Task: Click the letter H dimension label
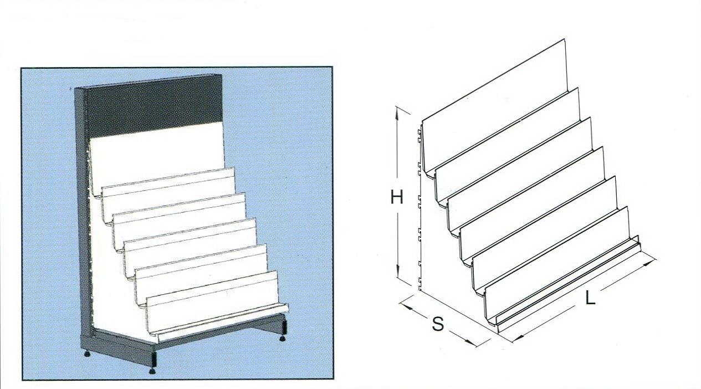[397, 197]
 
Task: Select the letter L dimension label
[590, 298]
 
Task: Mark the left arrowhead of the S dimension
[406, 306]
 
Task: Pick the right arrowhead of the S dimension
[470, 342]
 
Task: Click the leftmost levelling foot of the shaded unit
[87, 354]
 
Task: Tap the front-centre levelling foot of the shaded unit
[152, 371]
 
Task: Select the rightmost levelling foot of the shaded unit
[283, 338]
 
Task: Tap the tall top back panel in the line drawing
[494, 106]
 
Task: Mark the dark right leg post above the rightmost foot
[284, 327]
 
